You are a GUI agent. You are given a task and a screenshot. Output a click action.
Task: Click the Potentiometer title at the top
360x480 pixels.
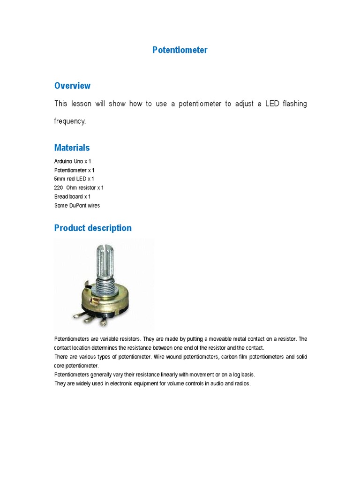coord(180,50)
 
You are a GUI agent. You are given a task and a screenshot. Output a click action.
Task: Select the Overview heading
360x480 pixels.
coord(72,86)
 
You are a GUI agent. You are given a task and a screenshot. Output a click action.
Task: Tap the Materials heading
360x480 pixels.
coord(72,148)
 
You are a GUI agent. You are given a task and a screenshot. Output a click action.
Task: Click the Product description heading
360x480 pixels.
coord(93,228)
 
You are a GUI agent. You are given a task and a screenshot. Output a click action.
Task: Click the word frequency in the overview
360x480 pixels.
coord(70,121)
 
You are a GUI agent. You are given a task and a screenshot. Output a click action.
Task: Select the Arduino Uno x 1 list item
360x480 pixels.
coord(73,161)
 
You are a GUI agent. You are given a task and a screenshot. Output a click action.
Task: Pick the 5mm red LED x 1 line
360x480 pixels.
coord(74,179)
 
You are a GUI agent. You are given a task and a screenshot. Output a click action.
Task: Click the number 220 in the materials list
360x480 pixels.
coord(59,188)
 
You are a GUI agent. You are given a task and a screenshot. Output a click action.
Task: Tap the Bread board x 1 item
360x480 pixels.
coord(72,197)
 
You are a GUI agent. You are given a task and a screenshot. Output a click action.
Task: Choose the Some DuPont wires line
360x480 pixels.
coord(77,206)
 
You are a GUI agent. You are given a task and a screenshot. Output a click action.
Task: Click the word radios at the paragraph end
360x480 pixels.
coord(242,384)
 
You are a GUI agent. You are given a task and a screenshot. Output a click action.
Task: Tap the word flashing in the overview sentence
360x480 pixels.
coord(295,104)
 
